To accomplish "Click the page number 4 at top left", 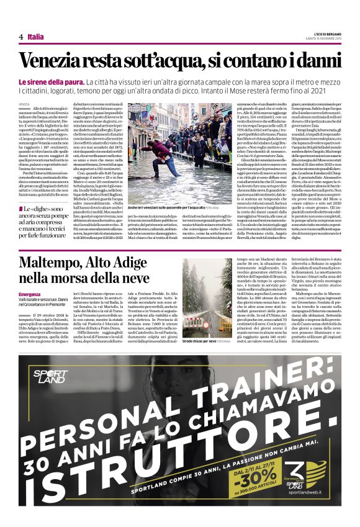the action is tap(21, 37).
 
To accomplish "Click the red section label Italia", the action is tap(36, 37).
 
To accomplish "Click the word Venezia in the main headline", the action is tap(50, 61).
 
